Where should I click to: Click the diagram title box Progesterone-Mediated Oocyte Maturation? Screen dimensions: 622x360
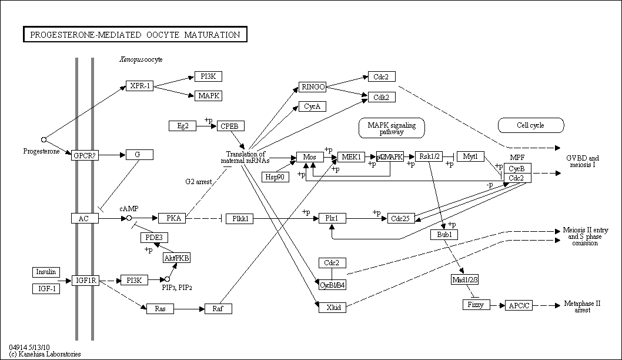click(135, 35)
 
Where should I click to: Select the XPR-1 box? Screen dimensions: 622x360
click(140, 86)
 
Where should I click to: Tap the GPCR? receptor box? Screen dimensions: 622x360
click(85, 156)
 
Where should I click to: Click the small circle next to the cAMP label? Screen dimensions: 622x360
click(129, 218)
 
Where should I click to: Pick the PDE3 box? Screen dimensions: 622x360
click(154, 238)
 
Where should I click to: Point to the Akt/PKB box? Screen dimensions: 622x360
click(177, 258)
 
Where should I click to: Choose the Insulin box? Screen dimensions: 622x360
click(46, 272)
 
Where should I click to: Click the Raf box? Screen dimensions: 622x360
click(218, 309)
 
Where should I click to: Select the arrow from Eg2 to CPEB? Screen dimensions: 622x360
click(206, 126)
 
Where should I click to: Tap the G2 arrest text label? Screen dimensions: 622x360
click(199, 182)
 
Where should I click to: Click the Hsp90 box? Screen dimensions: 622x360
click(275, 177)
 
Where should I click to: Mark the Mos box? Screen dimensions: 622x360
click(310, 157)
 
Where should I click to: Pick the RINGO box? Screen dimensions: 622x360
click(313, 87)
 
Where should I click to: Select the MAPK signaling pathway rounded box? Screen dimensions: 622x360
click(392, 128)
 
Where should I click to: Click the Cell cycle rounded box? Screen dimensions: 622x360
click(531, 125)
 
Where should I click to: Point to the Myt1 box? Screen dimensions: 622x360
click(470, 156)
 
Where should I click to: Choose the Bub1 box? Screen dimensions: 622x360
click(444, 235)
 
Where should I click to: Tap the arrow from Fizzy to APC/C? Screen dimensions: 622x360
click(497, 305)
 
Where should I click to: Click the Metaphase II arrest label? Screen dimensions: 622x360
click(583, 307)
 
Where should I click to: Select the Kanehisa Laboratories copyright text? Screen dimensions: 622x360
click(45, 354)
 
